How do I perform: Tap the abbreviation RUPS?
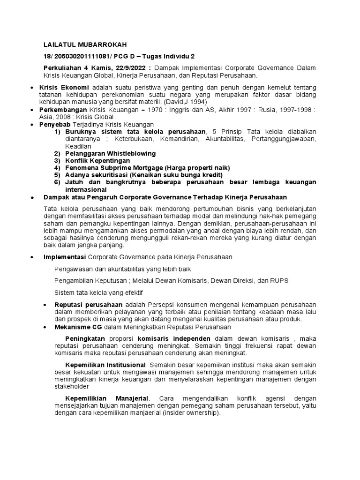tap(280, 280)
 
